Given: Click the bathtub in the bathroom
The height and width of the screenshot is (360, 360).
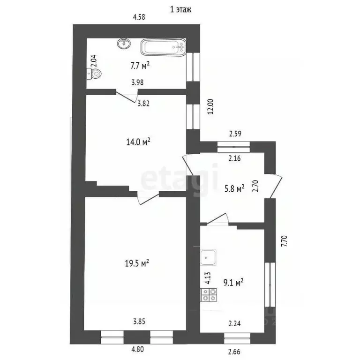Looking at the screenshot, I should pos(163,47).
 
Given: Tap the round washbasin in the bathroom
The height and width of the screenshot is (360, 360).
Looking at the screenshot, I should pos(124,44).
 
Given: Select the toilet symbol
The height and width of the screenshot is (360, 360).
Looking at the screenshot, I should pos(95,73).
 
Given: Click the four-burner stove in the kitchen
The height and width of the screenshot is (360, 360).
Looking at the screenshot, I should pos(209,294).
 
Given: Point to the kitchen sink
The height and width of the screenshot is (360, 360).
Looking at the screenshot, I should pos(208,257).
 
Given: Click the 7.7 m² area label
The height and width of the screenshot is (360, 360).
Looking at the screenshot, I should pos(140,66).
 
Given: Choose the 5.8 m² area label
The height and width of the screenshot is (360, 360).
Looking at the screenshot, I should pos(234,189).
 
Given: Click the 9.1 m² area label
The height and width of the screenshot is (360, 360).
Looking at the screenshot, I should pos(233,282).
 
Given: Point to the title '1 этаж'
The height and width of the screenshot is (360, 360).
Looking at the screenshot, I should pos(180,9).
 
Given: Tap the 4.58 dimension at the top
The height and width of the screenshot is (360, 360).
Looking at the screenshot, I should pos(139,17).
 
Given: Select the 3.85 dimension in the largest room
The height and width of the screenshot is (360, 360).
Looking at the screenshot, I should pos(139,322).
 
